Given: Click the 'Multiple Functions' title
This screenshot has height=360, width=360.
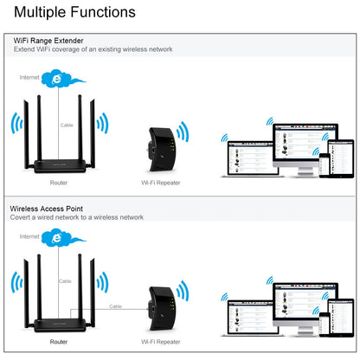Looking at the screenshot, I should coord(74,13).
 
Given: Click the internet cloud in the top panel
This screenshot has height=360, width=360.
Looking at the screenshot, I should coord(59,79).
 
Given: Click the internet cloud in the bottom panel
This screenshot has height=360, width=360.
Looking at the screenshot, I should coord(59,238).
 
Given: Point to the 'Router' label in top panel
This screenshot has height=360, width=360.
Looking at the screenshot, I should coord(58,183).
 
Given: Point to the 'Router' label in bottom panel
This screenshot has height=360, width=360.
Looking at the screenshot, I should coord(58,342).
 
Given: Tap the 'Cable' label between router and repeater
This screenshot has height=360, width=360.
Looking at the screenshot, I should coord(115,305).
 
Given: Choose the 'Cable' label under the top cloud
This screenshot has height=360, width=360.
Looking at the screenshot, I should coord(67,125).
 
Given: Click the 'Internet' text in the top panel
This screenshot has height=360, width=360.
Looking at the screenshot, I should coord(30,78).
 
